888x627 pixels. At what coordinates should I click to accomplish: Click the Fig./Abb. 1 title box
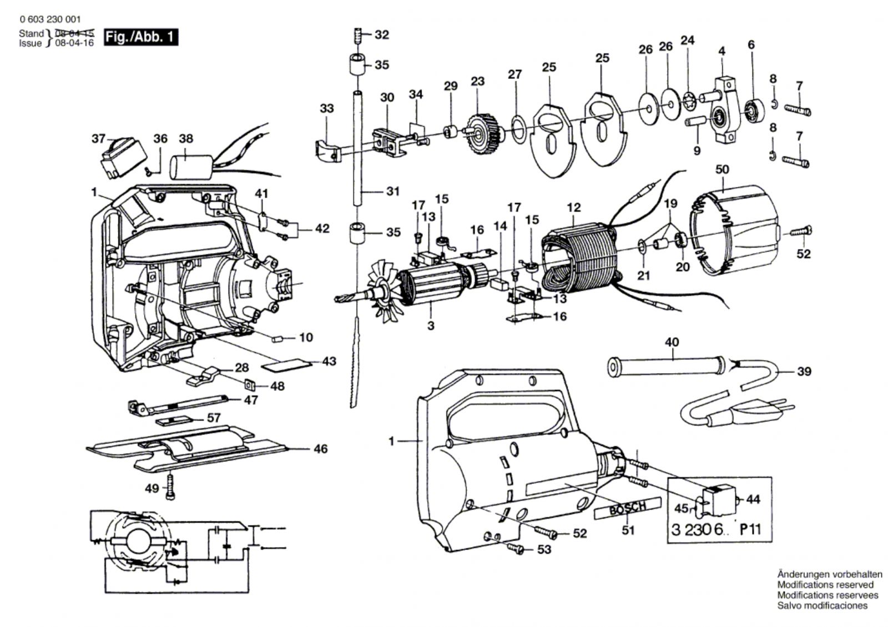tap(140, 37)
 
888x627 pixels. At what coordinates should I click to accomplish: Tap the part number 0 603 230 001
tap(49, 19)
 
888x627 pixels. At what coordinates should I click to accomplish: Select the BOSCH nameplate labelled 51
tap(628, 509)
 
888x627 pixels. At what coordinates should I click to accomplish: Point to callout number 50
tap(722, 169)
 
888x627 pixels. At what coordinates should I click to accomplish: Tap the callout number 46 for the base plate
tap(320, 449)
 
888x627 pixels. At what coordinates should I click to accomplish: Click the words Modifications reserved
tap(825, 585)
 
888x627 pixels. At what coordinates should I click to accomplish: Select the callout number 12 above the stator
tap(573, 207)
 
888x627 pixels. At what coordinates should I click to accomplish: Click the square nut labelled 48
tap(249, 384)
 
